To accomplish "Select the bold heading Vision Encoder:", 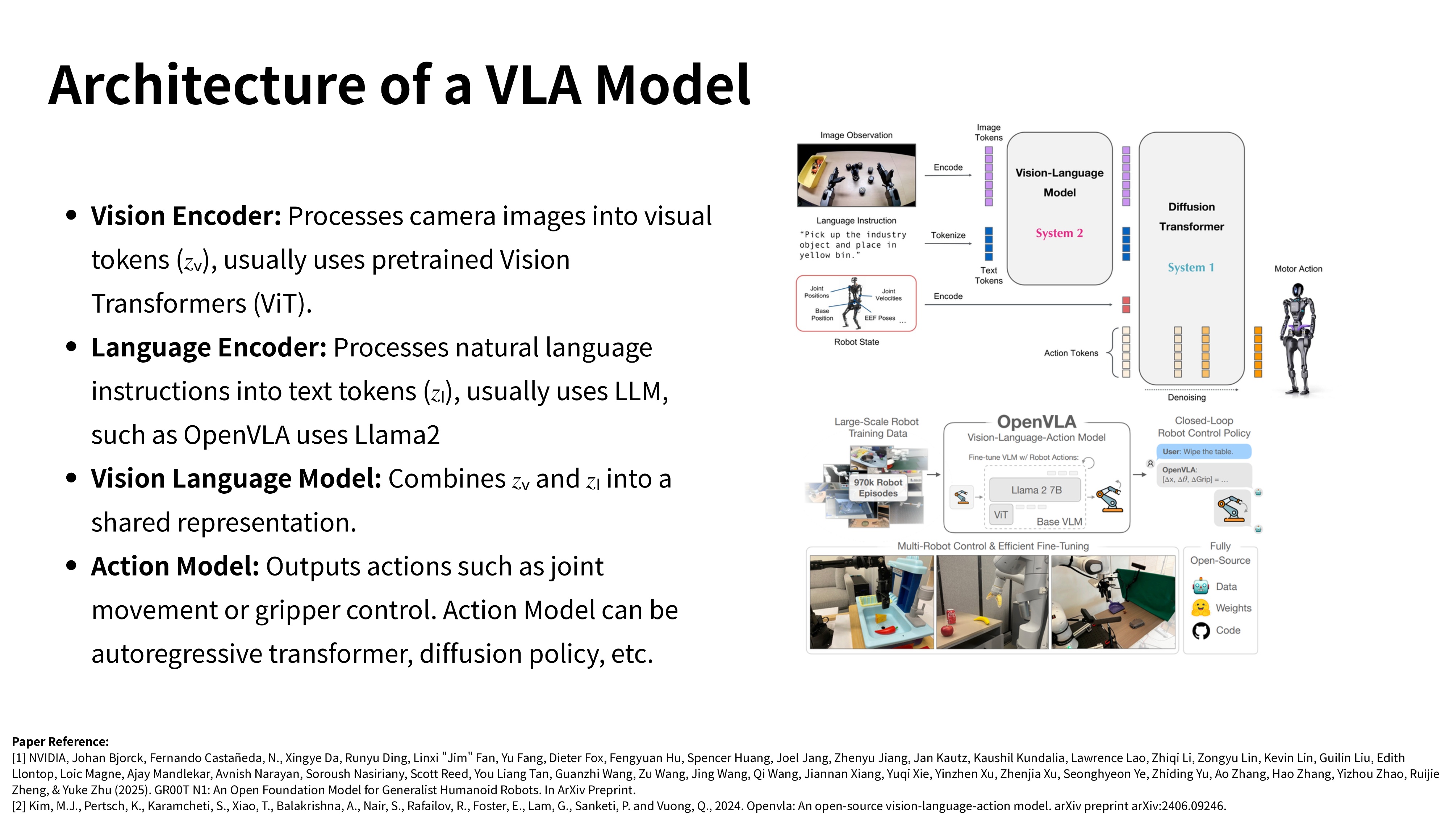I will (185, 216).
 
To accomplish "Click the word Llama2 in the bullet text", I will (397, 435).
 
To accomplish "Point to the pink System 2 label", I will (1059, 233).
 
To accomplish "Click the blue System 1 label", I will (1191, 268).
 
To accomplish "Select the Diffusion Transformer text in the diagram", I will (1191, 217).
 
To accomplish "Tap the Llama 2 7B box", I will (1036, 490).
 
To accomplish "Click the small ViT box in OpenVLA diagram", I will (1001, 515).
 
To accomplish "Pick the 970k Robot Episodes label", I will (877, 488).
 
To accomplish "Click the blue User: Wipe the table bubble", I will (1203, 452).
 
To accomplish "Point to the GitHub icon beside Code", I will (1200, 631).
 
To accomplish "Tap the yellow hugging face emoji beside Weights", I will (1200, 608).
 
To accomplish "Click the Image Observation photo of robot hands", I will (856, 175).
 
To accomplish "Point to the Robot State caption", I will (856, 342).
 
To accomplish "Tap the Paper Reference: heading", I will (60, 741).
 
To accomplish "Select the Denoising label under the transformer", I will (1186, 398).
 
